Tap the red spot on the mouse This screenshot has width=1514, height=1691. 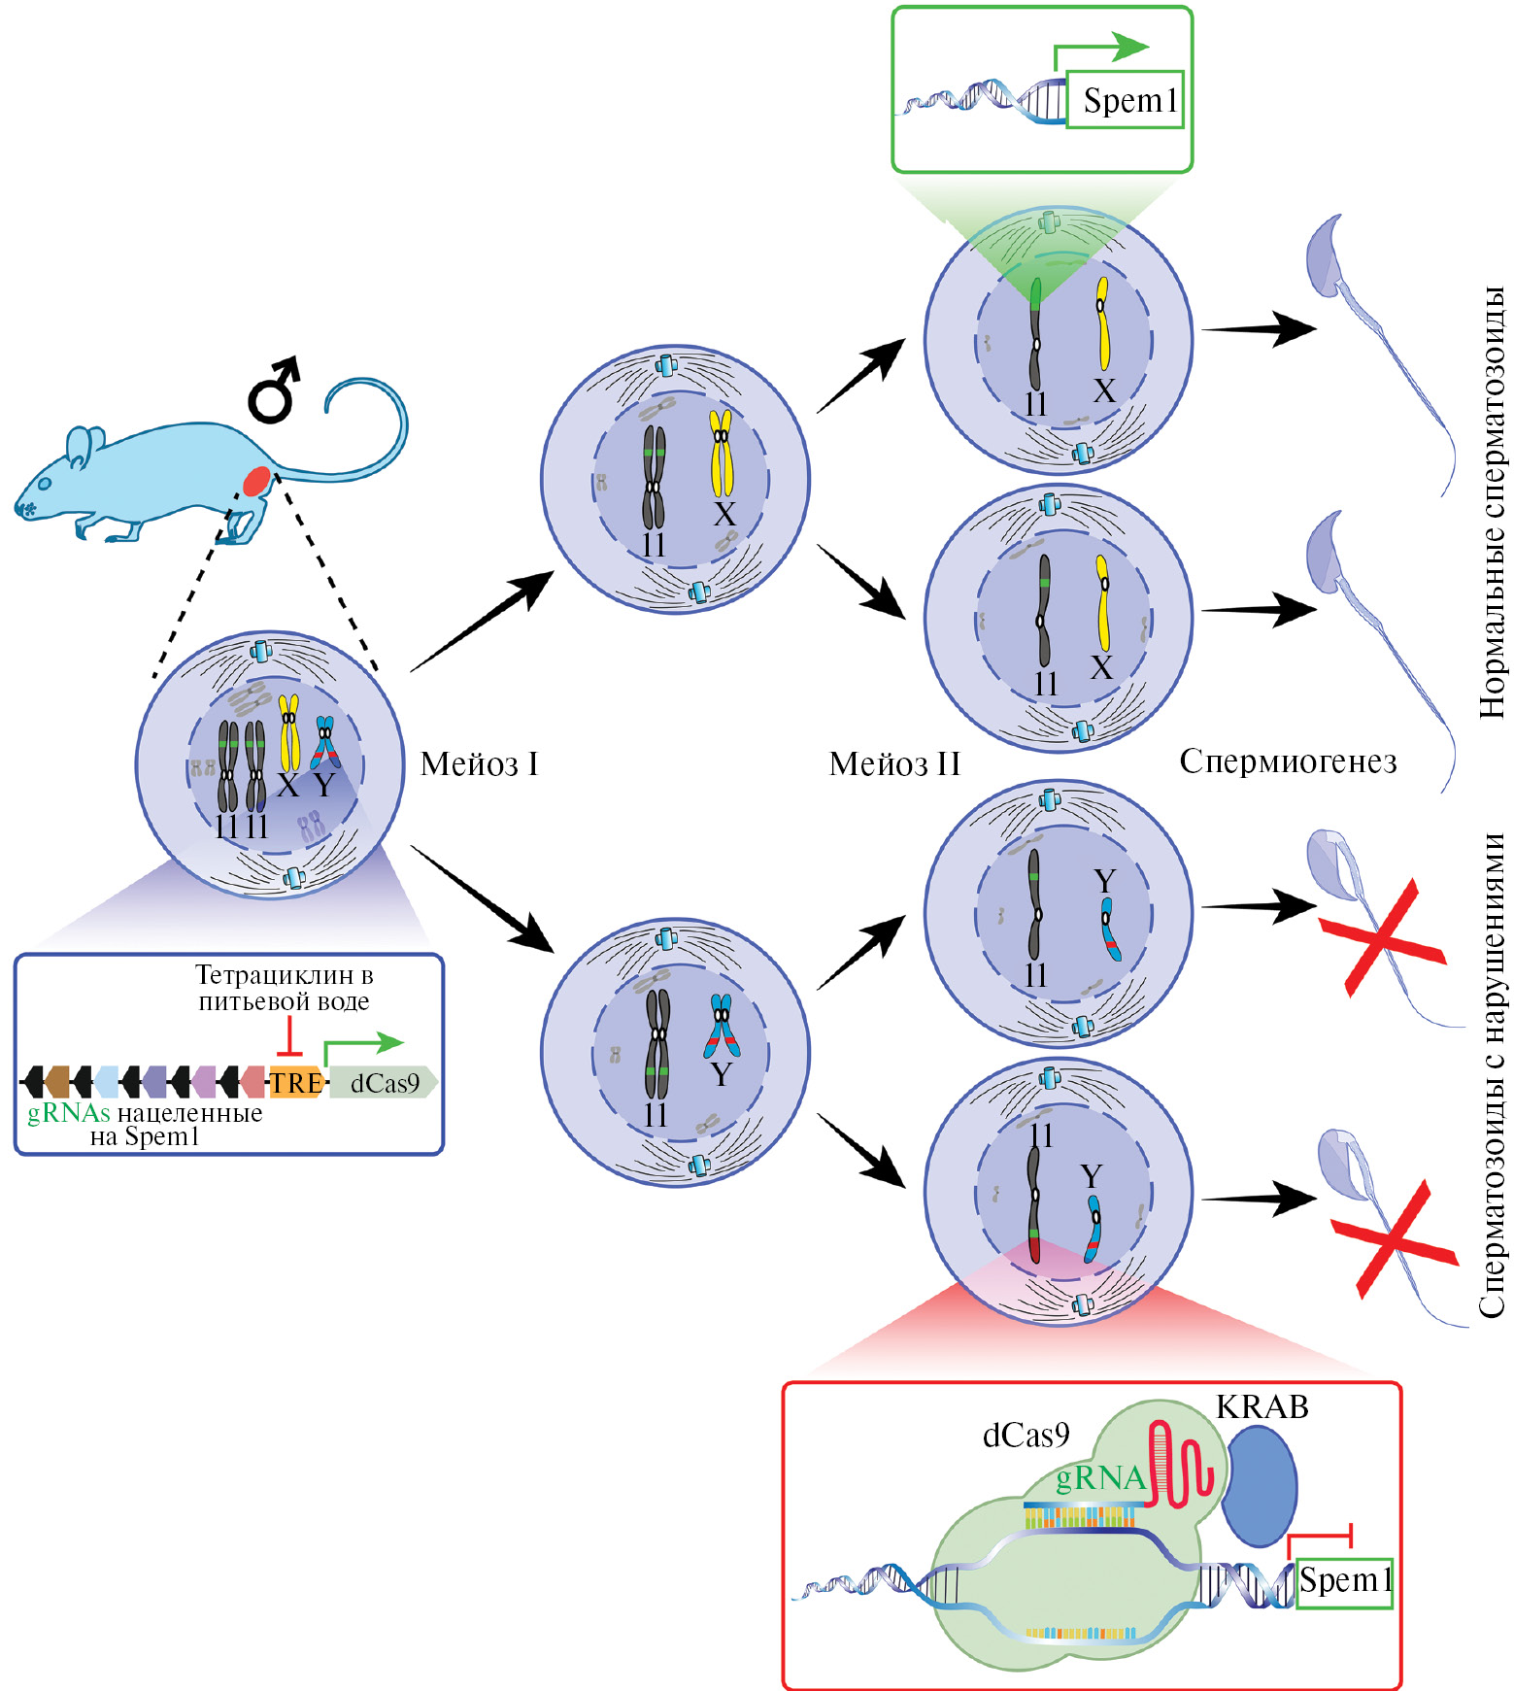(x=256, y=481)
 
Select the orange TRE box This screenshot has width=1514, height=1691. (x=295, y=1082)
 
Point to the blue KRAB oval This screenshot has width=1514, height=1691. (x=1259, y=1485)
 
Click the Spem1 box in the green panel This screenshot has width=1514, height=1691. (x=1126, y=100)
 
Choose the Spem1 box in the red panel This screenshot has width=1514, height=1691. (x=1345, y=1580)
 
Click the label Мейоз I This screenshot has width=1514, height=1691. (x=479, y=764)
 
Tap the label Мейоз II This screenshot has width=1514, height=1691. (x=894, y=764)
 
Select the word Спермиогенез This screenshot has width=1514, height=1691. (x=1288, y=761)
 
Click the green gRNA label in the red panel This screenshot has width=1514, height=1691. (x=1100, y=1477)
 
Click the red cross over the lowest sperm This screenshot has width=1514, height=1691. (x=1395, y=1238)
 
